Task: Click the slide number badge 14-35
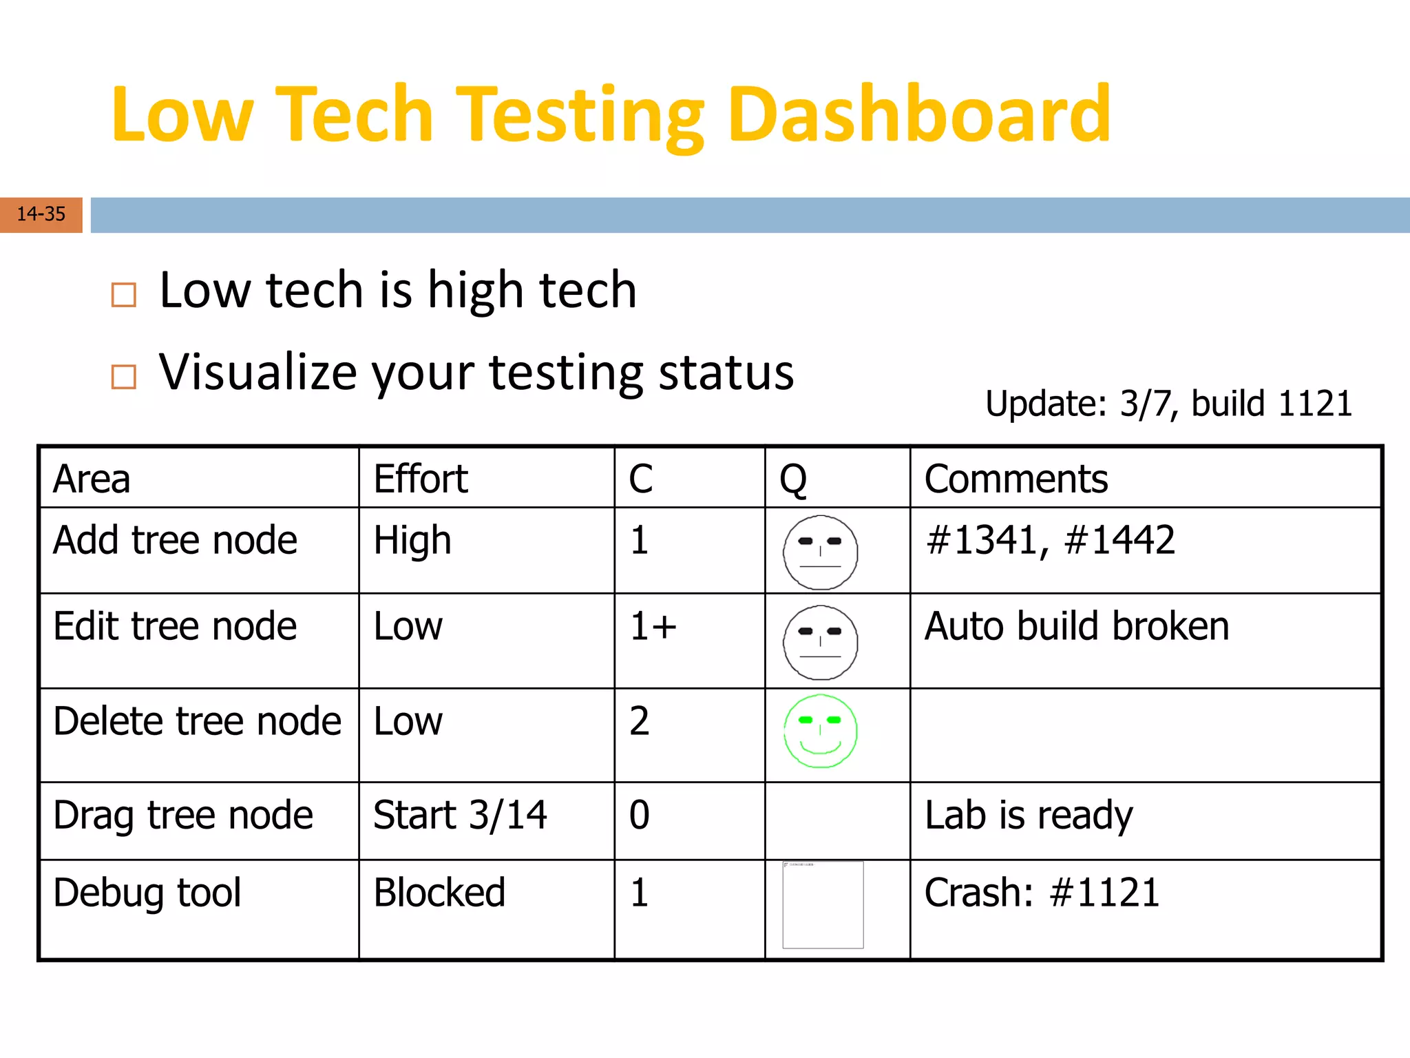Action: (41, 214)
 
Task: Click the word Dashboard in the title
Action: (919, 114)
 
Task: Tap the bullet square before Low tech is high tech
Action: (124, 295)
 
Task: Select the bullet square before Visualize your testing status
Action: (124, 377)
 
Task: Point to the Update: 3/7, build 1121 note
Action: (1168, 404)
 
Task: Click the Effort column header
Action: (421, 479)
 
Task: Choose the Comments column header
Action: (1016, 479)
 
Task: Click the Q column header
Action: (793, 479)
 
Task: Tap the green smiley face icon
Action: (821, 732)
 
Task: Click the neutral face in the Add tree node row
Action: (821, 552)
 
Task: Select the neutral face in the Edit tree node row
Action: (821, 643)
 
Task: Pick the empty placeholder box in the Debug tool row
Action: (823, 905)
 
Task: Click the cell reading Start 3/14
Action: (460, 815)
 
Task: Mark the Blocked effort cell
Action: (439, 893)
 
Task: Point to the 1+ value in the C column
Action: (653, 627)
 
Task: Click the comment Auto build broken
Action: (1076, 627)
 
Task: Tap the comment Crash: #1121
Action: (1042, 893)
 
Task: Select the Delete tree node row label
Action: (197, 721)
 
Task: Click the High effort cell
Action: (412, 541)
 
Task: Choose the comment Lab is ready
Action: (1029, 816)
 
